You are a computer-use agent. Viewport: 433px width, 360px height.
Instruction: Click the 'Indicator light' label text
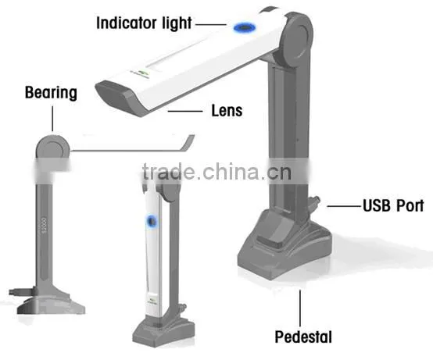(144, 23)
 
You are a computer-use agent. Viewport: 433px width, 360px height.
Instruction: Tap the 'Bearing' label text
(51, 93)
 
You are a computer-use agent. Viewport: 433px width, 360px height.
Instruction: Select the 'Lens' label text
(227, 111)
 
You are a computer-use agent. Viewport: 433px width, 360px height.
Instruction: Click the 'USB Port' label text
(393, 205)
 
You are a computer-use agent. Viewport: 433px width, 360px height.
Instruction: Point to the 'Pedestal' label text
(303, 337)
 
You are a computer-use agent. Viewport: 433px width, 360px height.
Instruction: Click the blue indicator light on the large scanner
(245, 27)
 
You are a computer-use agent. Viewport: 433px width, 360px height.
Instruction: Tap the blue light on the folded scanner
(152, 221)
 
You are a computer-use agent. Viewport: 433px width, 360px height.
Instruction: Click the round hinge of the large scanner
(297, 41)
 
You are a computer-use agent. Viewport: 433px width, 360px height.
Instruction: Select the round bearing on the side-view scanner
(52, 147)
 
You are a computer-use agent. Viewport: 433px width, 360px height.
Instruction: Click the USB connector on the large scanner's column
(313, 203)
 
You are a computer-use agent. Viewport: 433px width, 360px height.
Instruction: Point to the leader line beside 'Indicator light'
(211, 24)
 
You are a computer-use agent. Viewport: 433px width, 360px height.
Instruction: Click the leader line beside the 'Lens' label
(185, 111)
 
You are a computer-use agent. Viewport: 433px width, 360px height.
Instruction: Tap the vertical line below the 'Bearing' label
(52, 119)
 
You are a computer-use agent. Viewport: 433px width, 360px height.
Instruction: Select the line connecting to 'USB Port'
(345, 206)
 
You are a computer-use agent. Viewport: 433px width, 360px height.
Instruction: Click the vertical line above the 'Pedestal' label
(300, 308)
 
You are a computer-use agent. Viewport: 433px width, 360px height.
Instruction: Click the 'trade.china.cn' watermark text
(216, 172)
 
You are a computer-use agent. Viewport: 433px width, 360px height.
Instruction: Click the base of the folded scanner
(163, 333)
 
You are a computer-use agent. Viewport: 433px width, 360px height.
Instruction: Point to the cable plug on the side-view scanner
(22, 291)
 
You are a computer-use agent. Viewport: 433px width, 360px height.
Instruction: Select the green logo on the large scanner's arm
(143, 73)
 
